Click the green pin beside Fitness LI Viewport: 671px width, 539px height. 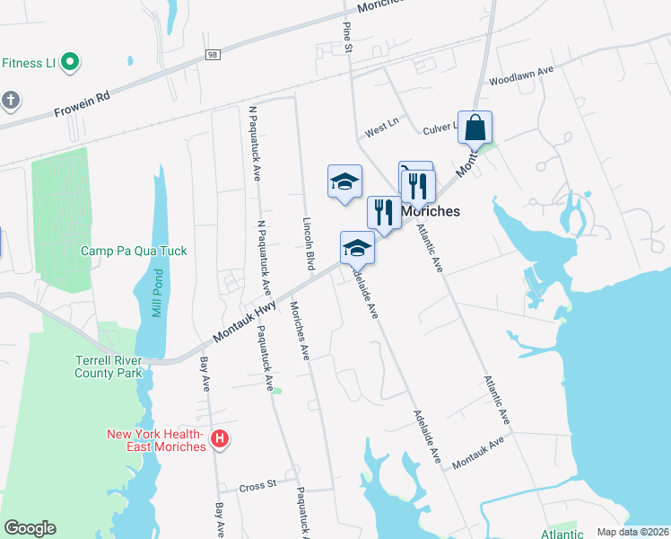[x=68, y=63]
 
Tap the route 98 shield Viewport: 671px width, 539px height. [x=212, y=56]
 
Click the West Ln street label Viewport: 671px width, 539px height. [x=380, y=129]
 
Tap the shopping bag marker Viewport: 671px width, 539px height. [x=475, y=128]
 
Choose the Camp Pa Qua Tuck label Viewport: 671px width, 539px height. [x=134, y=252]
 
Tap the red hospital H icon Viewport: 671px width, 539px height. [x=219, y=440]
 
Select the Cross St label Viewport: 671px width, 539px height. [x=257, y=487]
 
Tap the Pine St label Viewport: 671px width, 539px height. [x=347, y=37]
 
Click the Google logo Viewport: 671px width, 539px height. [x=30, y=528]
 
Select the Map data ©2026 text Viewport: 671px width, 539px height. [x=632, y=532]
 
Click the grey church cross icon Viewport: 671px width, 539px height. [x=10, y=99]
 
